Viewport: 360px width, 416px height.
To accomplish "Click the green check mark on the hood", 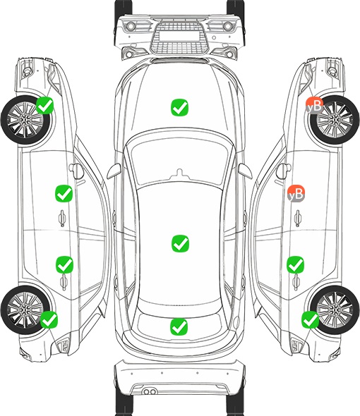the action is (179, 107).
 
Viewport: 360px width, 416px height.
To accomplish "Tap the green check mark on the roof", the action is (180, 243).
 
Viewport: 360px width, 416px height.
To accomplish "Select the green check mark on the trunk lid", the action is (179, 326).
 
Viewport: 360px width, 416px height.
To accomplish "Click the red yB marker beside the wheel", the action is (314, 106).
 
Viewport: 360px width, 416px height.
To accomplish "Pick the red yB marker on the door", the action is (296, 193).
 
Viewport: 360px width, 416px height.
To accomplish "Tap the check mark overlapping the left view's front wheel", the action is (44, 105).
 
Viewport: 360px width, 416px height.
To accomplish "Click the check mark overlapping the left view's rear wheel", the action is (49, 319).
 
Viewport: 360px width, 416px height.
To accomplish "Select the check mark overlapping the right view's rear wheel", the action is (310, 319).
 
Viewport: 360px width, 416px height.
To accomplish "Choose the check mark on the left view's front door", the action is (64, 193).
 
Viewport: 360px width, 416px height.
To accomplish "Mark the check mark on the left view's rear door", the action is (64, 264).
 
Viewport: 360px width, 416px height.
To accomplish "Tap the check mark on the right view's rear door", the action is (295, 264).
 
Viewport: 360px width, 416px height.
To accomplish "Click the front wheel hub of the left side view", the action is (25, 120).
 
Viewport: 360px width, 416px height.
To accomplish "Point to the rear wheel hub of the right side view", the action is (335, 310).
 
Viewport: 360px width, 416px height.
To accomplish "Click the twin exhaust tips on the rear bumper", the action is (150, 391).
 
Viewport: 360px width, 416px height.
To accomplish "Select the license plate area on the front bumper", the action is (179, 36).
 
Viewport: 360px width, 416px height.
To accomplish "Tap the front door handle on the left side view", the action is (62, 218).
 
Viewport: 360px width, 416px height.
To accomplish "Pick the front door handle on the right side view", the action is (297, 218).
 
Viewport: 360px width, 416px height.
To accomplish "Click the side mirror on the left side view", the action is (76, 171).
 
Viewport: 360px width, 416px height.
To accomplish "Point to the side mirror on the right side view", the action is (284, 171).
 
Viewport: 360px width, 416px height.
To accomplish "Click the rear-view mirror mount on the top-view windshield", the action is (180, 173).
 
